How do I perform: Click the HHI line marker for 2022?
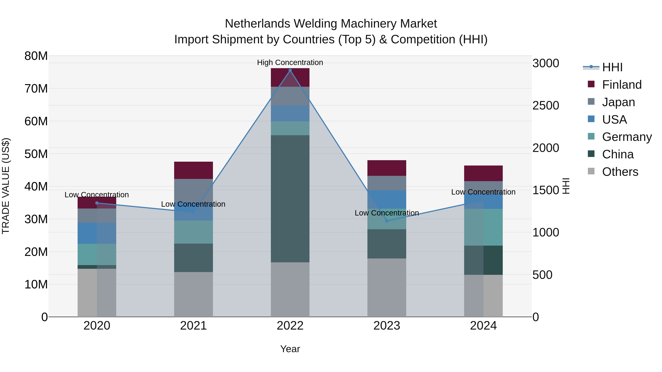tap(290, 70)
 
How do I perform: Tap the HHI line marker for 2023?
tap(387, 221)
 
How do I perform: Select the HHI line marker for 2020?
tap(97, 203)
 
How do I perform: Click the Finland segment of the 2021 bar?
tap(193, 170)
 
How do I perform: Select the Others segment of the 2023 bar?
tap(387, 287)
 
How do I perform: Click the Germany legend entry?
tap(627, 137)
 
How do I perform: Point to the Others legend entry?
tap(620, 172)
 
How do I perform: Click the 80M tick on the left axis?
tap(36, 56)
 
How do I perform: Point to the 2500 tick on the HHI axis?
tap(546, 105)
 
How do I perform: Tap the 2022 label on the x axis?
tap(290, 326)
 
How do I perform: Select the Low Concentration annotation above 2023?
tap(387, 213)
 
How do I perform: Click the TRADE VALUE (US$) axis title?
tap(6, 186)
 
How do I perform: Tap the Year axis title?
tap(290, 349)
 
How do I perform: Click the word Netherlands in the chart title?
tap(258, 24)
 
